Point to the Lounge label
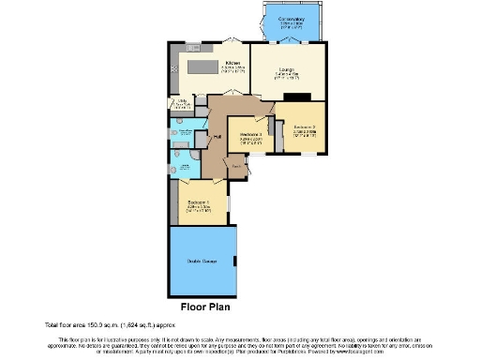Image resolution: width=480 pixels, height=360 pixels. [288, 72]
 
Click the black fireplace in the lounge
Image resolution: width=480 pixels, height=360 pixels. [298, 95]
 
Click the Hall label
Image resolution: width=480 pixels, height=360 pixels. [217, 138]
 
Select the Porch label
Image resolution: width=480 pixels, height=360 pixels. [237, 168]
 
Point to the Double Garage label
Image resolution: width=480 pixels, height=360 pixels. [202, 261]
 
